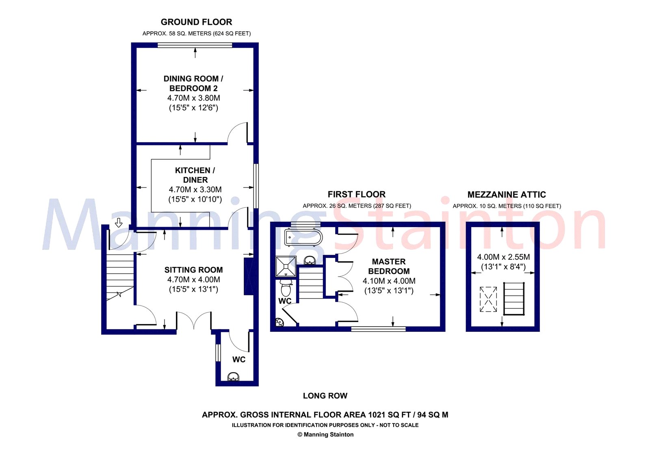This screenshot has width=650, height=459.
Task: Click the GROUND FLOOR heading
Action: [196, 22]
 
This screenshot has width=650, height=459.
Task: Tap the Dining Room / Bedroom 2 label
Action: [193, 83]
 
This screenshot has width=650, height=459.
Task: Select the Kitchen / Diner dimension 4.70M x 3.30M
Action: [195, 189]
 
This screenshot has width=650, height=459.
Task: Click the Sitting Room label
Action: [193, 270]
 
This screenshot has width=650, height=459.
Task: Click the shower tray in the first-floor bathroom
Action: [286, 266]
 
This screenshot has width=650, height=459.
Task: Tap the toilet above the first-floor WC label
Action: [286, 287]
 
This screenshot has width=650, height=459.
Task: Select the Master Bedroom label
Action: [389, 266]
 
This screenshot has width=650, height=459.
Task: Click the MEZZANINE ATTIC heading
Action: [507, 195]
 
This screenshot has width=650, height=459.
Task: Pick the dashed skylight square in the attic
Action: [488, 299]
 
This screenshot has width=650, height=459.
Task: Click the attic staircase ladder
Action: [514, 299]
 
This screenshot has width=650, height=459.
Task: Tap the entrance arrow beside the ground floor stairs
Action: [118, 223]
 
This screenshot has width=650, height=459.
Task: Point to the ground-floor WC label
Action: [239, 359]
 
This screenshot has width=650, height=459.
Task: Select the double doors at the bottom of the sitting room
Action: [194, 320]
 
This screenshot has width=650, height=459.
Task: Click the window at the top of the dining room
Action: [195, 45]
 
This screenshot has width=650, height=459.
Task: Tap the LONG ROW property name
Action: [325, 396]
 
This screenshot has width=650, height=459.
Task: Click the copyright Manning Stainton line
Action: [325, 434]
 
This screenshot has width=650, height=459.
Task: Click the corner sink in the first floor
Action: [280, 322]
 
